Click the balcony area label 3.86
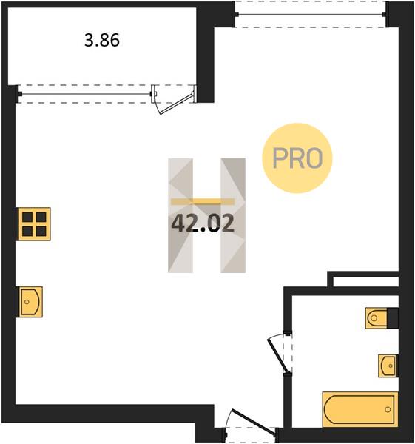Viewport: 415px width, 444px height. pos(102,40)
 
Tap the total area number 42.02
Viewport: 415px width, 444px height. pos(203,223)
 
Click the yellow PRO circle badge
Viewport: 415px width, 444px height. pos(297,158)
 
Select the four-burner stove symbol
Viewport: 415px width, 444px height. pos(34,224)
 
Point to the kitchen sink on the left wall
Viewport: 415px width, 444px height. pos(30,302)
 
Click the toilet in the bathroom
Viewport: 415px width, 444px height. pos(377,318)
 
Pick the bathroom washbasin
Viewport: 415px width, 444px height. pos(388,366)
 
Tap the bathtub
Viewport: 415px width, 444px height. pos(360,409)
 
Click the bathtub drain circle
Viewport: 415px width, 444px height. pos(388,409)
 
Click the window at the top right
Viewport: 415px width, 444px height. pos(310,14)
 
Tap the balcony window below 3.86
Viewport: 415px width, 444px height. pos(86,94)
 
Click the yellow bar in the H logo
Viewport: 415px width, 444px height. pos(203,201)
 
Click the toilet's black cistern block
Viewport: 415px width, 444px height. pos(393,318)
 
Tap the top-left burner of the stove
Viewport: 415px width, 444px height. pos(27,217)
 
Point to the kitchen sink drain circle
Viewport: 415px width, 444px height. pos(27,302)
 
